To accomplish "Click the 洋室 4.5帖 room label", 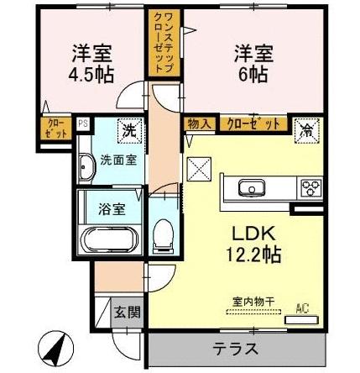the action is (x=91, y=64).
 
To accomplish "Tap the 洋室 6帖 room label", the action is (x=253, y=64).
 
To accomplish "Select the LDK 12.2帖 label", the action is (x=253, y=244).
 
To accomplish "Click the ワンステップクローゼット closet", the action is (x=164, y=43).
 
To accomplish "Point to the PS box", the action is (x=83, y=123).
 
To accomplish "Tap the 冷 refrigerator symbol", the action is (x=307, y=130).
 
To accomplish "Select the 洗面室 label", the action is (x=118, y=160).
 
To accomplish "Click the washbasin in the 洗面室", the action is (x=87, y=167).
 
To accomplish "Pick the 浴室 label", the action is (x=112, y=208).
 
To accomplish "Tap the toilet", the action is (x=164, y=234).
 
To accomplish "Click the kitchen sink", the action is (x=252, y=187).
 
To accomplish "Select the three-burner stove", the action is (x=310, y=187).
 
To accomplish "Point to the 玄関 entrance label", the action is (x=128, y=312).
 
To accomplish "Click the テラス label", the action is (x=235, y=349).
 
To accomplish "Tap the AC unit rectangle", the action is (x=301, y=320).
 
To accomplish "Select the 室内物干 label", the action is (x=253, y=302).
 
